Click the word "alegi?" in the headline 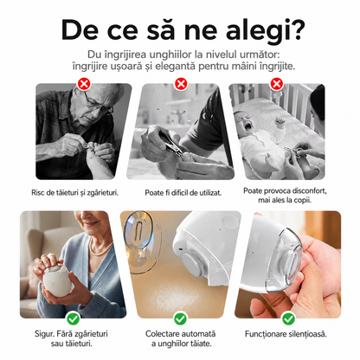click(x=264, y=31)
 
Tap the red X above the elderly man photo click(x=84, y=84)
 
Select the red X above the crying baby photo click(x=276, y=84)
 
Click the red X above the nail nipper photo click(x=181, y=84)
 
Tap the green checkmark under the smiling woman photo click(x=73, y=318)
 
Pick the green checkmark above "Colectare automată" click(x=180, y=318)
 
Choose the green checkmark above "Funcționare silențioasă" click(x=288, y=318)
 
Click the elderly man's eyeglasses click(x=97, y=103)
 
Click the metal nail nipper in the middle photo click(x=170, y=144)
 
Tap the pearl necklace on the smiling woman click(x=100, y=248)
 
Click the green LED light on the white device click(x=53, y=280)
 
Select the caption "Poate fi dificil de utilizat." click(x=183, y=193)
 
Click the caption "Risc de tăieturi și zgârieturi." click(x=75, y=193)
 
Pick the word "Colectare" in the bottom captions click(x=161, y=334)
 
